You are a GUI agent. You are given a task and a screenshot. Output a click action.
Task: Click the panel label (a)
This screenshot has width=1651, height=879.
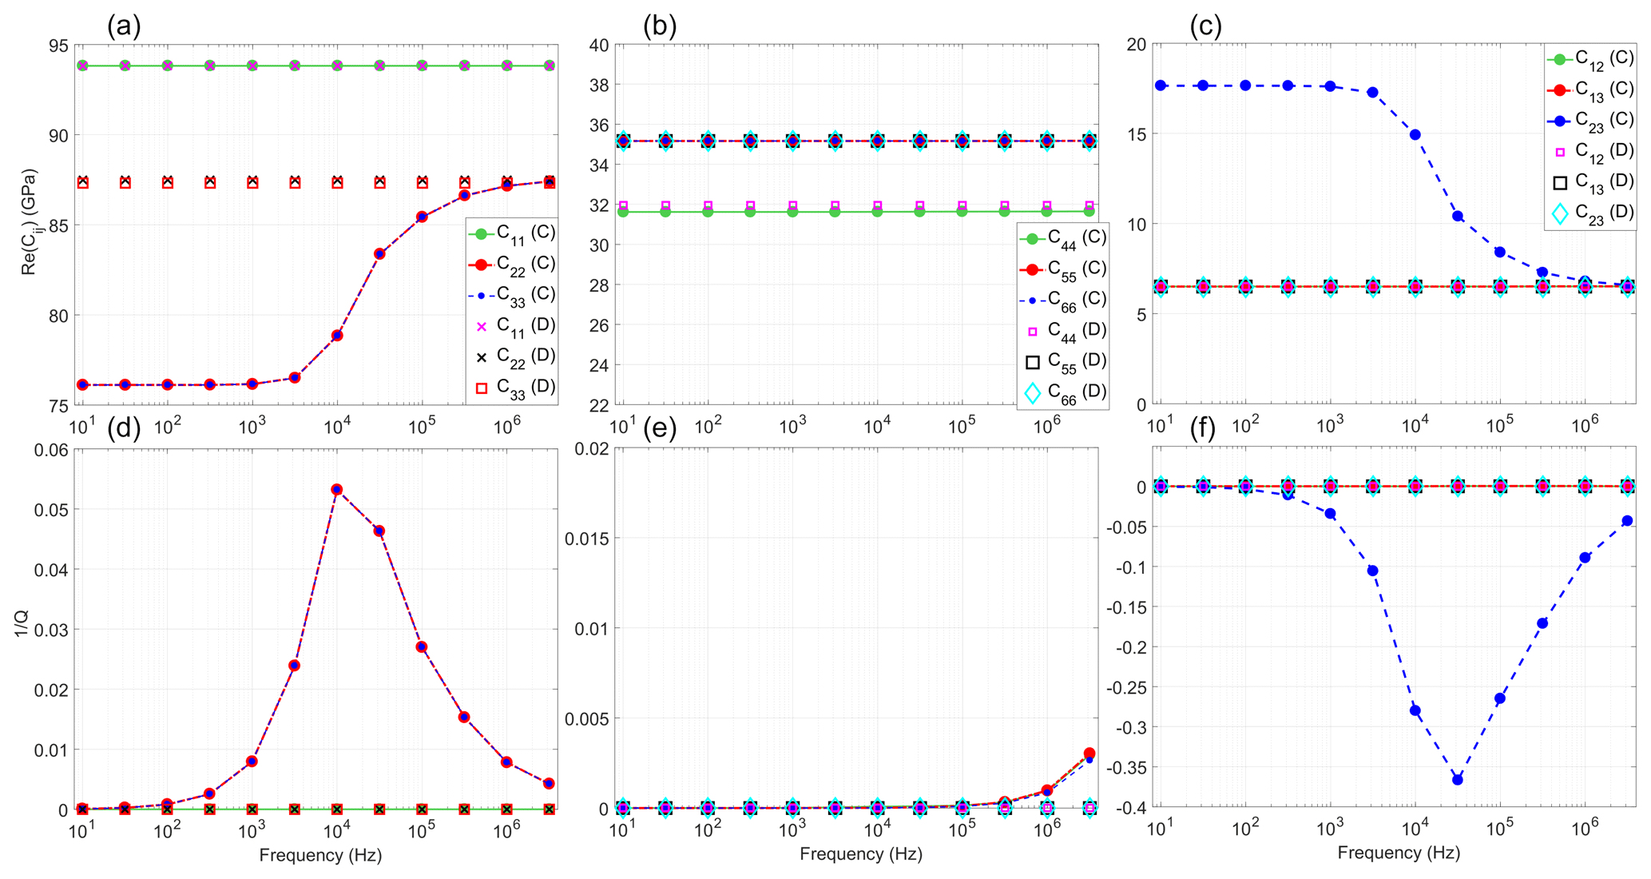124,26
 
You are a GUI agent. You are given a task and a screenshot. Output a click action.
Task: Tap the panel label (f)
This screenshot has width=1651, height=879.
1203,429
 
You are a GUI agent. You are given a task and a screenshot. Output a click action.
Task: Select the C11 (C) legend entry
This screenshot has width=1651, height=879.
512,233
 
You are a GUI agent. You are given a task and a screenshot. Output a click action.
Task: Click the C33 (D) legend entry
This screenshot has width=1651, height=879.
512,388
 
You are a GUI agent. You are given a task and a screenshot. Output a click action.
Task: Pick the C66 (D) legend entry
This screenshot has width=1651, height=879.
1063,392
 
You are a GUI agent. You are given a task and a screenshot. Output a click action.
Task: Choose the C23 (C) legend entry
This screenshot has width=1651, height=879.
1590,120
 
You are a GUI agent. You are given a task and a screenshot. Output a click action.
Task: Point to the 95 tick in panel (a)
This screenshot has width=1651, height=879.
58,46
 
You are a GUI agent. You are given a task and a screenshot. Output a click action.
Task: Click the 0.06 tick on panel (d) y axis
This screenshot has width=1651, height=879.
51,450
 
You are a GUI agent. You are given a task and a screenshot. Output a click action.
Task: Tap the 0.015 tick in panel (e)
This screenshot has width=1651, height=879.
587,539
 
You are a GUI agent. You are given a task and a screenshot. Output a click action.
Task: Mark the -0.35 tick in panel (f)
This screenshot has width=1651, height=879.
1125,768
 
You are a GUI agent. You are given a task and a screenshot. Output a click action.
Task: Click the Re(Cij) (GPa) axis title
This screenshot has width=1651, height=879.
29,221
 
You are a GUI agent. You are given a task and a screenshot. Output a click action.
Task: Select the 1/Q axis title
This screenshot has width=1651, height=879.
22,624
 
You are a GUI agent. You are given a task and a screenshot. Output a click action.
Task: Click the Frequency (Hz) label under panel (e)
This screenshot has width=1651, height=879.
860,853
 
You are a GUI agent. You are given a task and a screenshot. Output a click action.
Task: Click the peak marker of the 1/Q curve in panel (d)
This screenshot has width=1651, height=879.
337,489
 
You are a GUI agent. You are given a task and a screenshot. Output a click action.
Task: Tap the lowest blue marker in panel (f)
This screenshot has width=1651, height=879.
1458,779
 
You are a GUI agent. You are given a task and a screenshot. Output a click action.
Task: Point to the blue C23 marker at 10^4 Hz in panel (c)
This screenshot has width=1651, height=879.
1415,134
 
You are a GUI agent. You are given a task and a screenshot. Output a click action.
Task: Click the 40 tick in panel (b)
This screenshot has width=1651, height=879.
600,46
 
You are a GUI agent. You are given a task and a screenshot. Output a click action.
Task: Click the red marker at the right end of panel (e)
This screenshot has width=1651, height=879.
1089,754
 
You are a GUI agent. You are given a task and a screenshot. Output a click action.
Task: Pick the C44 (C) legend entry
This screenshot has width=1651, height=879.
1063,238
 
